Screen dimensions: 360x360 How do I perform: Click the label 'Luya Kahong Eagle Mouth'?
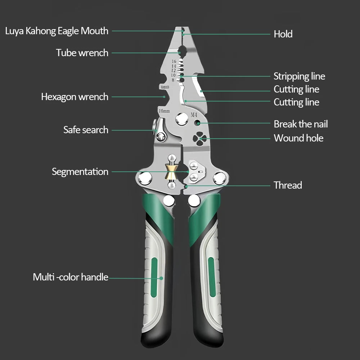[x=57, y=31]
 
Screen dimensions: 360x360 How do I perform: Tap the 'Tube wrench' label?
[x=82, y=53]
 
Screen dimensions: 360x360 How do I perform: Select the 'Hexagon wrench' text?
[x=75, y=97]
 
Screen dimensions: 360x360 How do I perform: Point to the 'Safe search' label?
[x=86, y=130]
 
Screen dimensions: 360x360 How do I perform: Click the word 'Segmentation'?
[x=80, y=172]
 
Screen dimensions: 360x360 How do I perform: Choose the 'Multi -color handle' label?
[x=71, y=277]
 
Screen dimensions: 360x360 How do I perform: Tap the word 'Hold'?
[x=283, y=34]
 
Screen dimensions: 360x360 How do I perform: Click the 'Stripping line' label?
[x=299, y=76]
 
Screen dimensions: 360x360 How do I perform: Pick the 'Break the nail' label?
[x=301, y=124]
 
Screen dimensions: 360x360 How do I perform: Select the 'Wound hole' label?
[x=298, y=138]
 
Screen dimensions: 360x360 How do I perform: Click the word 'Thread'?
[x=288, y=185]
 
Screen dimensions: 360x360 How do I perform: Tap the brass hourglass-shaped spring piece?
[x=171, y=171]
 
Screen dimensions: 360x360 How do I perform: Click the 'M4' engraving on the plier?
[x=194, y=115]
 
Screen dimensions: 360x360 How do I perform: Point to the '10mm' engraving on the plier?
[x=164, y=111]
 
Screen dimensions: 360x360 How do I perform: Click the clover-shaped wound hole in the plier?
[x=199, y=139]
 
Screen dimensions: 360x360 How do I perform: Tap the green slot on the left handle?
[x=154, y=277]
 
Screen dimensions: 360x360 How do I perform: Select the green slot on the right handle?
[x=211, y=277]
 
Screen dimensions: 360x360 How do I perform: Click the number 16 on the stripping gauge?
[x=174, y=62]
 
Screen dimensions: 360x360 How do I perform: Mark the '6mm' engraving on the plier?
[x=165, y=87]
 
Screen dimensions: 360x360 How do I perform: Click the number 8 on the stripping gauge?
[x=173, y=80]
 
